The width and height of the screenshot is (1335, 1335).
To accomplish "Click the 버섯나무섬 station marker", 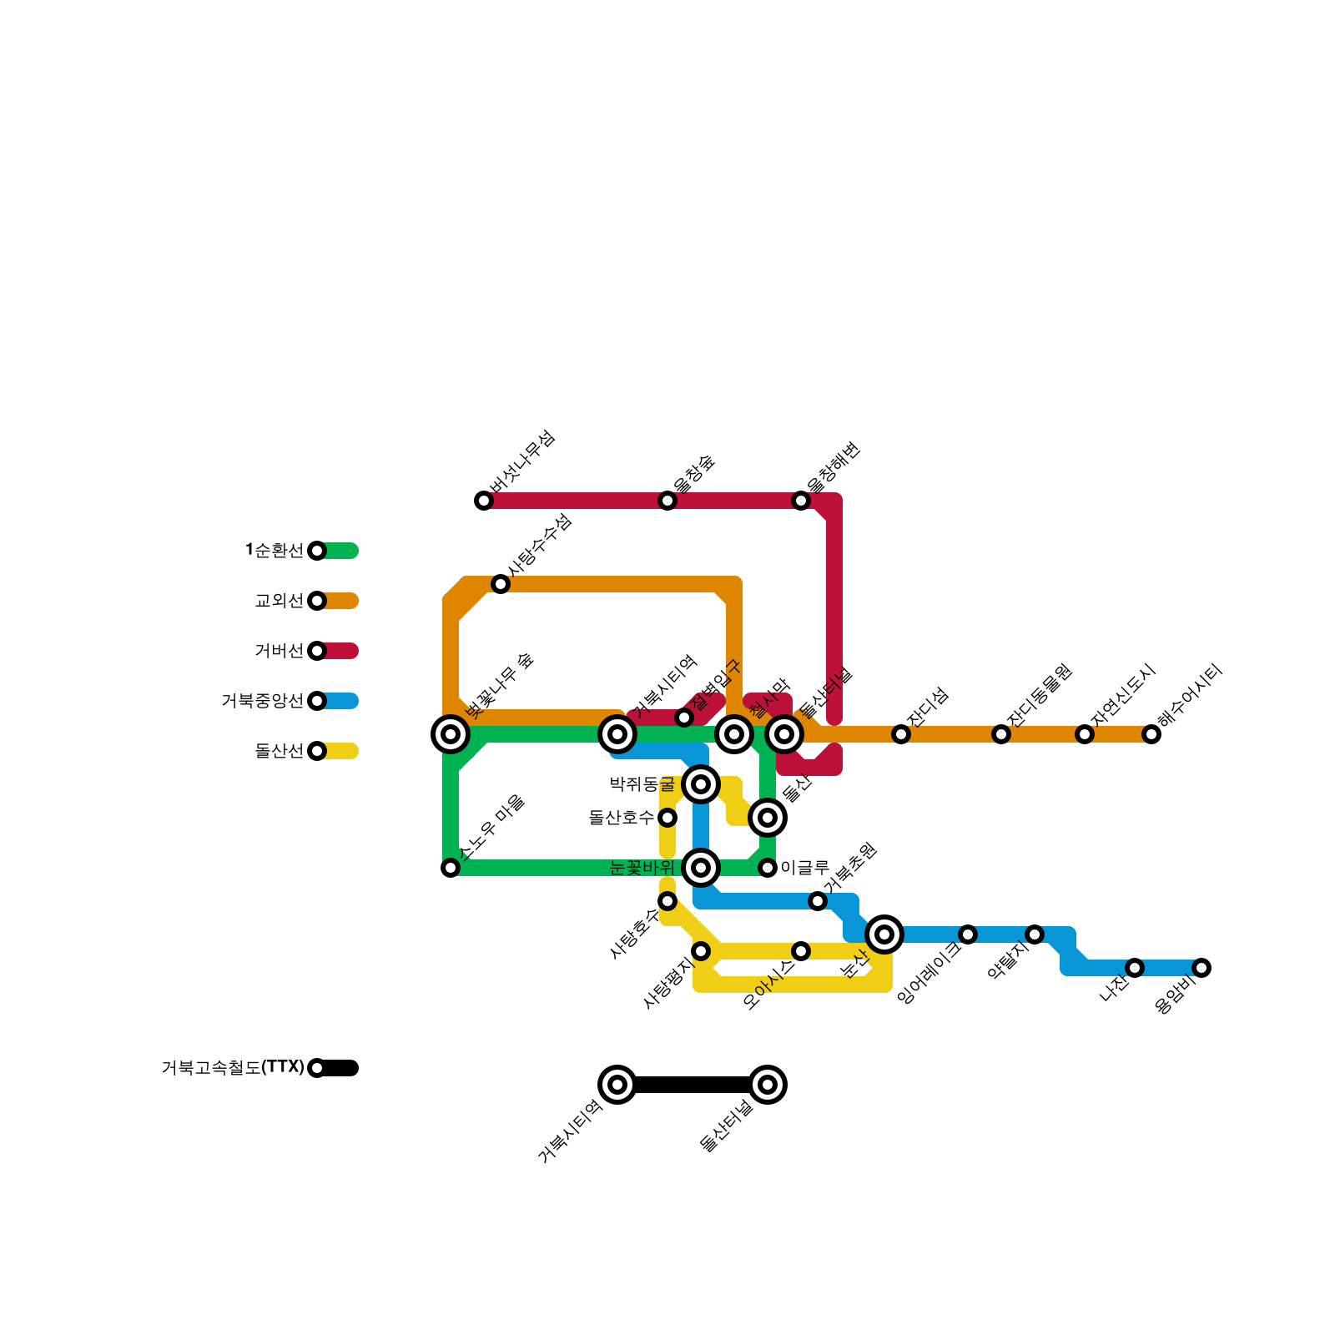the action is (484, 501).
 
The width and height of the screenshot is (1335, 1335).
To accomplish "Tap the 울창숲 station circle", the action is (667, 501).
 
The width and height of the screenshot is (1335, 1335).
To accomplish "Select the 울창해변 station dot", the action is (801, 501).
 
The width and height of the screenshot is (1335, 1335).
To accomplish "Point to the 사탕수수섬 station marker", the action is (501, 584).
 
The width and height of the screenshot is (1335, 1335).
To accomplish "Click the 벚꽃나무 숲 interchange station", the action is (451, 734).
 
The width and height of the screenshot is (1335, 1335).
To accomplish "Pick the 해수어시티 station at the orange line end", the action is (1151, 734).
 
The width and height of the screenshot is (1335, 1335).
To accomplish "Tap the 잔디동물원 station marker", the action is (1001, 734).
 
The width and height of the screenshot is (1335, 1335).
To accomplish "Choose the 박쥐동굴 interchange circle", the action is (701, 784).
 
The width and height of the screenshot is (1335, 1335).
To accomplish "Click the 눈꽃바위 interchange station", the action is (701, 868).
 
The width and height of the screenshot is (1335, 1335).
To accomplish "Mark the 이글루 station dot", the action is (768, 868).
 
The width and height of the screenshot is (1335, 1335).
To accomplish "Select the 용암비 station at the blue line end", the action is (1201, 968).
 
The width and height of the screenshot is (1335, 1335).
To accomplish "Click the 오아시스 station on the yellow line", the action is (801, 951).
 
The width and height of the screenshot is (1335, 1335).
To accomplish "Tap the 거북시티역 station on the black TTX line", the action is (617, 1085).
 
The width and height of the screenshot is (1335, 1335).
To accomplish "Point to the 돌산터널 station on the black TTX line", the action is (768, 1085).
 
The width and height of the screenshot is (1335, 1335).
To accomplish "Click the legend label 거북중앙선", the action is (262, 701).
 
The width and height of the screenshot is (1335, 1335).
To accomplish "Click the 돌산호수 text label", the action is (621, 818).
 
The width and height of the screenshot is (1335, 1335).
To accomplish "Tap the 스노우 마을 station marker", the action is (451, 868).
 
